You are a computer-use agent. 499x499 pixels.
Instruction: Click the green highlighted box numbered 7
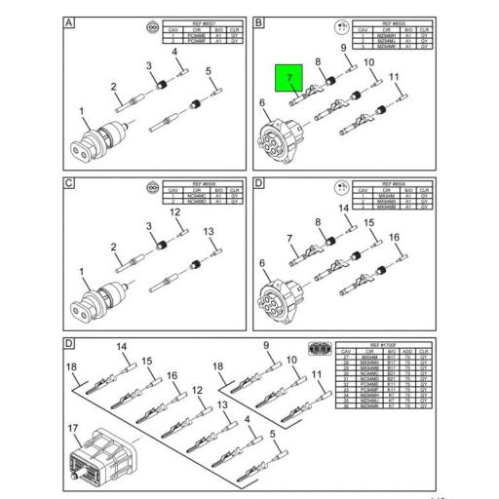[x=289, y=77]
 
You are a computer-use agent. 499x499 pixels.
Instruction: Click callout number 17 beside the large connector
[x=74, y=428]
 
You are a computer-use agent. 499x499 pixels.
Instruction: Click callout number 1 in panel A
[x=83, y=111]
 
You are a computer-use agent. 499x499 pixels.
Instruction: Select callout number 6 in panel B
[x=264, y=103]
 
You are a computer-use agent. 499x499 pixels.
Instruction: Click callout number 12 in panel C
[x=175, y=211]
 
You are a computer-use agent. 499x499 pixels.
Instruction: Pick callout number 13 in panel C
[x=208, y=231]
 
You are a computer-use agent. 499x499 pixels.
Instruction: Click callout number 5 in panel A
[x=208, y=71]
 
